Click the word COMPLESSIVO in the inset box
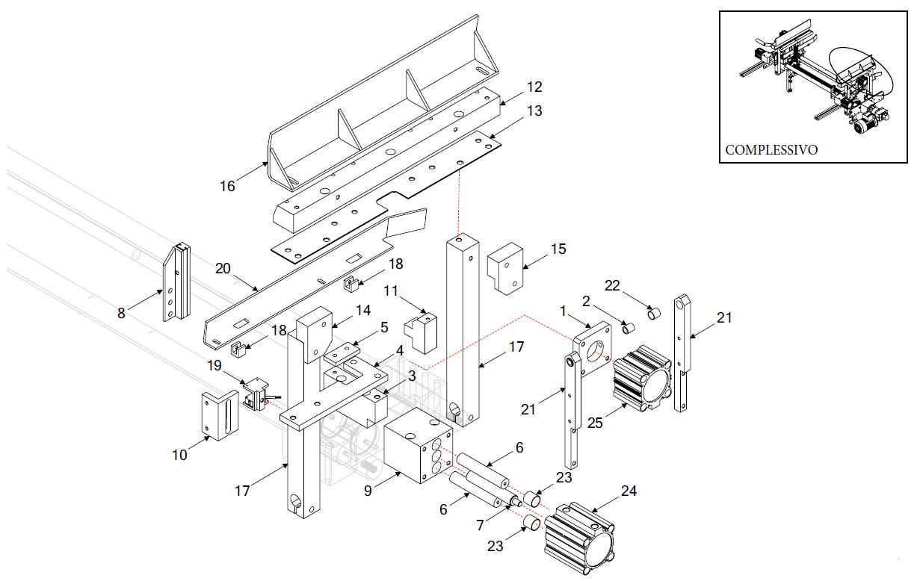771,149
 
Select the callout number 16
227,185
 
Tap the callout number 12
534,87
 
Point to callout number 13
534,111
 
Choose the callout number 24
630,491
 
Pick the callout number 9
368,491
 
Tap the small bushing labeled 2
629,327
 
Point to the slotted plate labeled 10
218,415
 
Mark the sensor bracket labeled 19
254,394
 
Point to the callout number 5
384,326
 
